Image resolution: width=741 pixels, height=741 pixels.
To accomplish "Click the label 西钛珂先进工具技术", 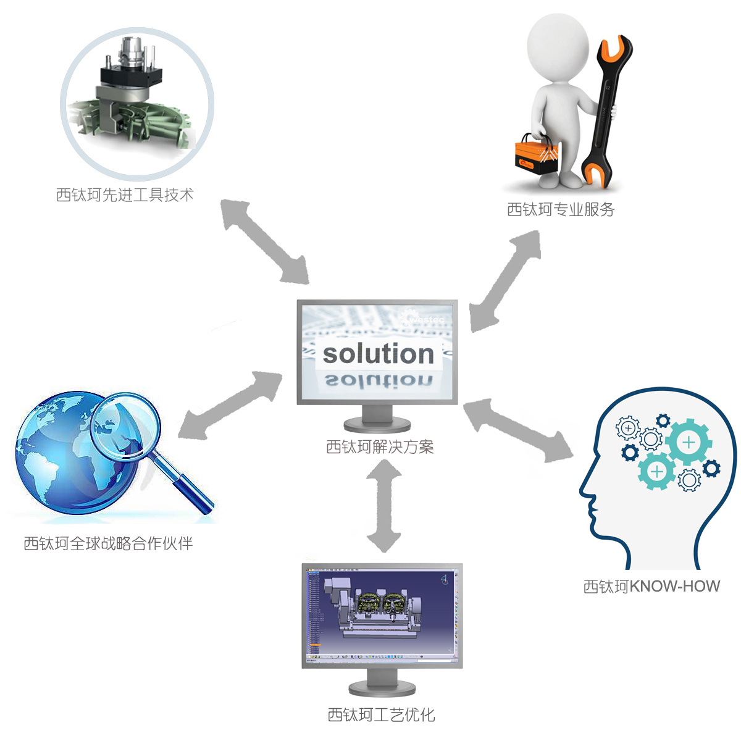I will tap(125, 195).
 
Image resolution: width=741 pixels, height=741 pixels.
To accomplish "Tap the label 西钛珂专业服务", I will tap(560, 210).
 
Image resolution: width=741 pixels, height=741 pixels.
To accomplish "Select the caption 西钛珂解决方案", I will tap(380, 446).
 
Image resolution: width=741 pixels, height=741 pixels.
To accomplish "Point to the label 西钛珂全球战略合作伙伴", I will tap(108, 543).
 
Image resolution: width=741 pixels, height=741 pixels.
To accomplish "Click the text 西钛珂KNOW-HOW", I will tap(651, 586).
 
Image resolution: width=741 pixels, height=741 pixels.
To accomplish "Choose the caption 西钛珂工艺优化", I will tap(381, 714).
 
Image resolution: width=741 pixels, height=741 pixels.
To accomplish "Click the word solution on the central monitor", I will tap(378, 354).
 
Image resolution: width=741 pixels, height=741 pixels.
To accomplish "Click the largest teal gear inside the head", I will tap(688, 442).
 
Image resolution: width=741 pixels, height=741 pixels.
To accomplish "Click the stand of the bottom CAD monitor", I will tap(382, 682).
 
